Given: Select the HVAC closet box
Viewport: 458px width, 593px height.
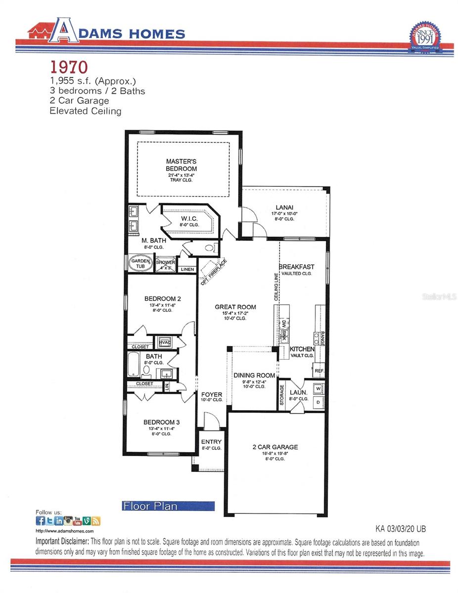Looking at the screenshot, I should [x=164, y=342].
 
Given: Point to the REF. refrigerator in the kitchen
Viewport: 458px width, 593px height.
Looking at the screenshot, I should [x=319, y=370].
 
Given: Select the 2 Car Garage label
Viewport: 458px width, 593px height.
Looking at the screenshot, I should [x=275, y=447].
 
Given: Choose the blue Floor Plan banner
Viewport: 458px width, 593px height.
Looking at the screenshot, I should [x=168, y=506].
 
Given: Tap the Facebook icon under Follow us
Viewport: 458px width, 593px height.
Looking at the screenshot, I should [x=41, y=521].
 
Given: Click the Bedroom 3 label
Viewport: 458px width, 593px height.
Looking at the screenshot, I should [x=162, y=422].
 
